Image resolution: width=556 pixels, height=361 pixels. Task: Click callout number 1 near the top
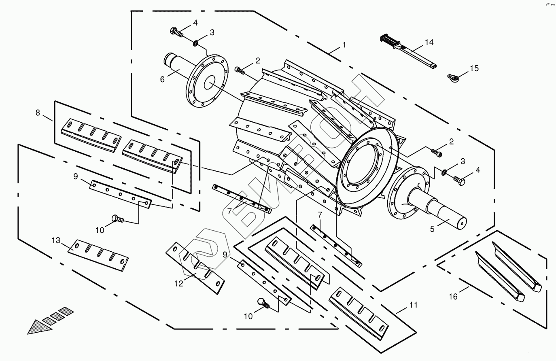click(344, 45)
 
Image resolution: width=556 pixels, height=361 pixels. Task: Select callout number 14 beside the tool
click(429, 42)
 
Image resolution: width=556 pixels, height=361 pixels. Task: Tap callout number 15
click(474, 68)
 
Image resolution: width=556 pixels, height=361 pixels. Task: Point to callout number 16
click(454, 297)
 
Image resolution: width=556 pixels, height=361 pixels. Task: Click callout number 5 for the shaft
click(432, 229)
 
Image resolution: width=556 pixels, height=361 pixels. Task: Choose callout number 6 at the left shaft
click(162, 79)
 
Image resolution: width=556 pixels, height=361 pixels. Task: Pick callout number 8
click(38, 113)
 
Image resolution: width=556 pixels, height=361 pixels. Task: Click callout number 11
click(413, 305)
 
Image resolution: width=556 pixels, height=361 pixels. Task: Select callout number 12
click(179, 284)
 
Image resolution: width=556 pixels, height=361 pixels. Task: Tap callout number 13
click(55, 240)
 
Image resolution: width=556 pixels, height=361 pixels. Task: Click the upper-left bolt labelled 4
click(177, 32)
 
